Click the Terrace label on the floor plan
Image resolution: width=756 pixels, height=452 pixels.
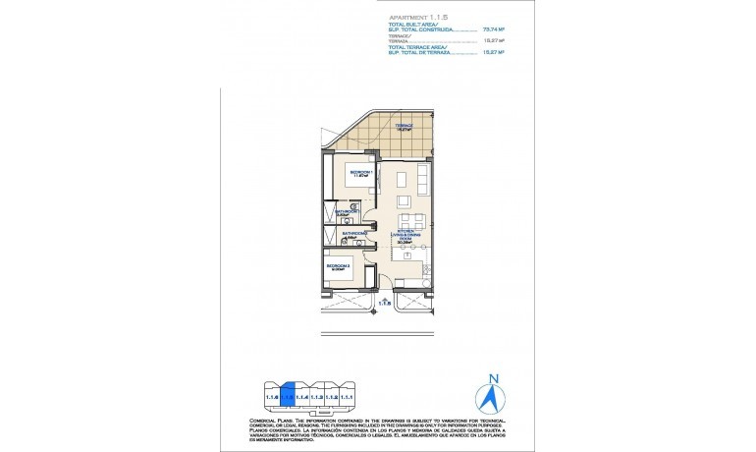coord(404,127)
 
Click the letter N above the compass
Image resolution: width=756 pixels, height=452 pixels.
coord(495,378)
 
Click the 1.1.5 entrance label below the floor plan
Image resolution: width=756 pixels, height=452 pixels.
coord(386,304)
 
